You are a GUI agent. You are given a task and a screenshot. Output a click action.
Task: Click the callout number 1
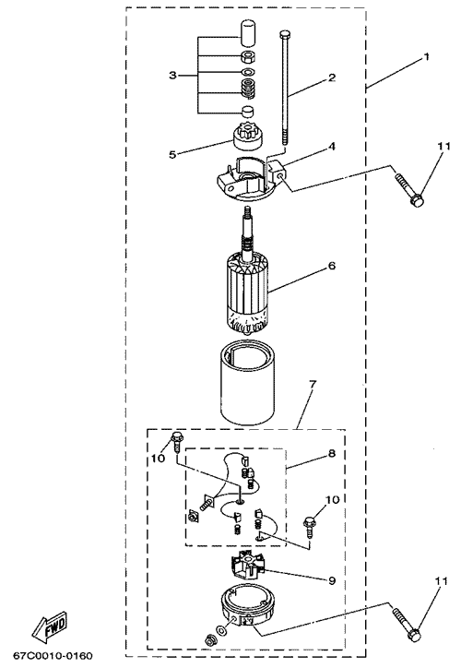(x=427, y=56)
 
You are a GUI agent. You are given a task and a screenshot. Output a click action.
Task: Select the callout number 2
(x=332, y=78)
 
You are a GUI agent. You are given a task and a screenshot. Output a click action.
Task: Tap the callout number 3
(x=172, y=76)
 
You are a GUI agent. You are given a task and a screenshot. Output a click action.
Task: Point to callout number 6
(x=332, y=266)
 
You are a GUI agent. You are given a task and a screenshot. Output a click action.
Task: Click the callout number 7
(x=313, y=384)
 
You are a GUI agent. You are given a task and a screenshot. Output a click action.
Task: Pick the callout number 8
(x=332, y=453)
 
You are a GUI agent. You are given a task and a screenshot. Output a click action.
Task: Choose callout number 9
(x=332, y=580)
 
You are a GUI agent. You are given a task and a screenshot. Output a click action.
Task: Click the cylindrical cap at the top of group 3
(x=247, y=33)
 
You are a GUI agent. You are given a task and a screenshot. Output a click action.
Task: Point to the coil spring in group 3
(x=247, y=89)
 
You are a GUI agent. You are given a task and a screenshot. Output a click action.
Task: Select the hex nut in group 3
(x=247, y=56)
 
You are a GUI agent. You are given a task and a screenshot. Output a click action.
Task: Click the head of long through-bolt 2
(x=285, y=33)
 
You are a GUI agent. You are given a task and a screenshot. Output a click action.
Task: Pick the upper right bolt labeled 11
(x=409, y=189)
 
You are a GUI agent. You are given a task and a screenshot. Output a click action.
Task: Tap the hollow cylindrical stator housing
(x=247, y=386)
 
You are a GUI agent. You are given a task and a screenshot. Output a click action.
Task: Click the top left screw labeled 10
(x=176, y=442)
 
